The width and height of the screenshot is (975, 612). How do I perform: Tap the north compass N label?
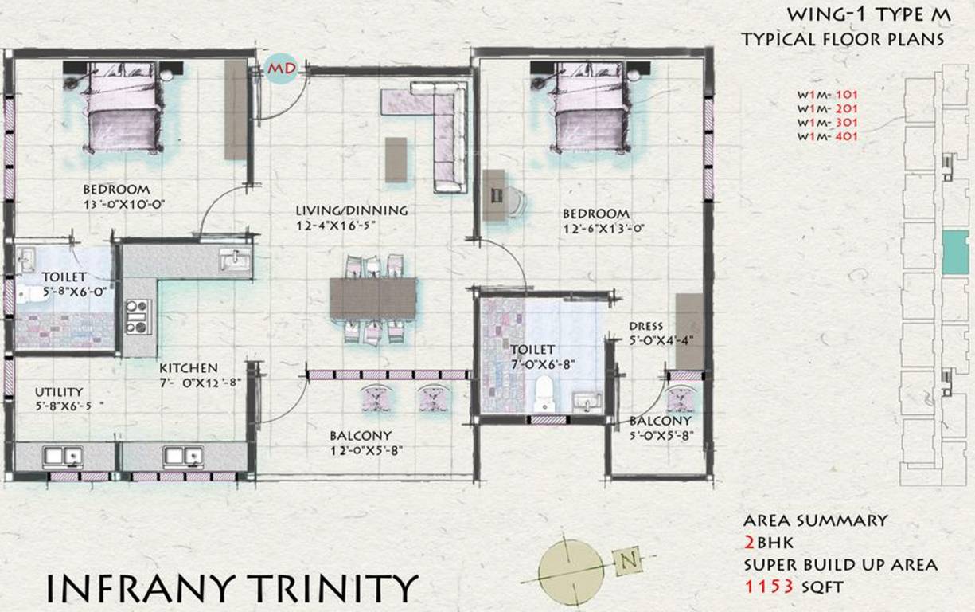tap(629, 561)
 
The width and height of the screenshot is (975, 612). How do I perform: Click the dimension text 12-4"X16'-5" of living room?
tap(335, 226)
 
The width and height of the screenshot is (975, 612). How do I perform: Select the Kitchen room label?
tap(188, 368)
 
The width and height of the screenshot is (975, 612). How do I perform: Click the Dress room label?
tap(645, 326)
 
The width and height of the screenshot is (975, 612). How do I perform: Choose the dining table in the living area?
tap(373, 297)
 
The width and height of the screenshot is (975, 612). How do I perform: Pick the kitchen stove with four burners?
tap(137, 316)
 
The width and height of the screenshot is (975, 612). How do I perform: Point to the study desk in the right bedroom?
tap(494, 194)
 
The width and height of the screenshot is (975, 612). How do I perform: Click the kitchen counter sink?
tap(234, 260)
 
